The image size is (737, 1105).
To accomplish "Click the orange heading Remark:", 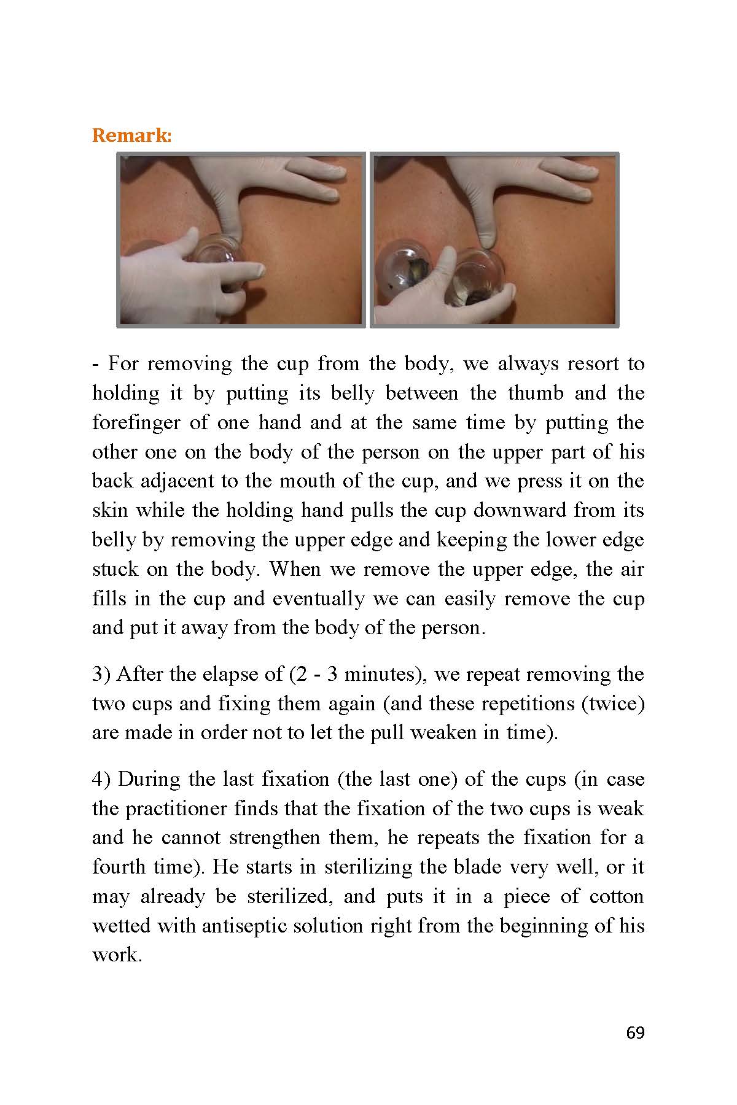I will [x=131, y=136].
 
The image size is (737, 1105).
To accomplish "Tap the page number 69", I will [x=635, y=1033].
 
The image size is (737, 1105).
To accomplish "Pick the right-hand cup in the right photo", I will [x=481, y=277].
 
